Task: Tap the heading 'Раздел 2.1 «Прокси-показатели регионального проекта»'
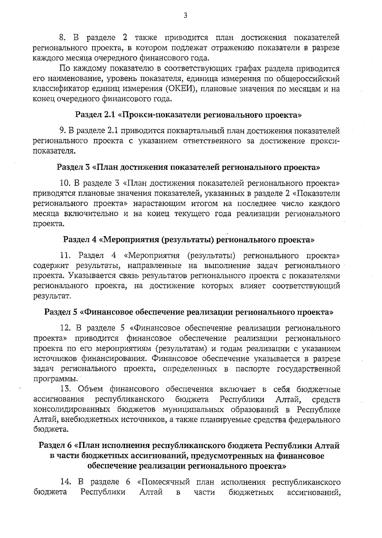tap(188, 115)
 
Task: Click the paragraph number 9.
tap(63, 131)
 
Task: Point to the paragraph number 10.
tap(65, 183)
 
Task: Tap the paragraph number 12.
tap(65, 328)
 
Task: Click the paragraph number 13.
tap(65, 389)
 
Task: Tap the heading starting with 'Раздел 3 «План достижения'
tap(188, 167)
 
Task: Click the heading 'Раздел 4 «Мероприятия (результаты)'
tap(188, 240)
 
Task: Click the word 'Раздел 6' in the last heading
tap(55, 446)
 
